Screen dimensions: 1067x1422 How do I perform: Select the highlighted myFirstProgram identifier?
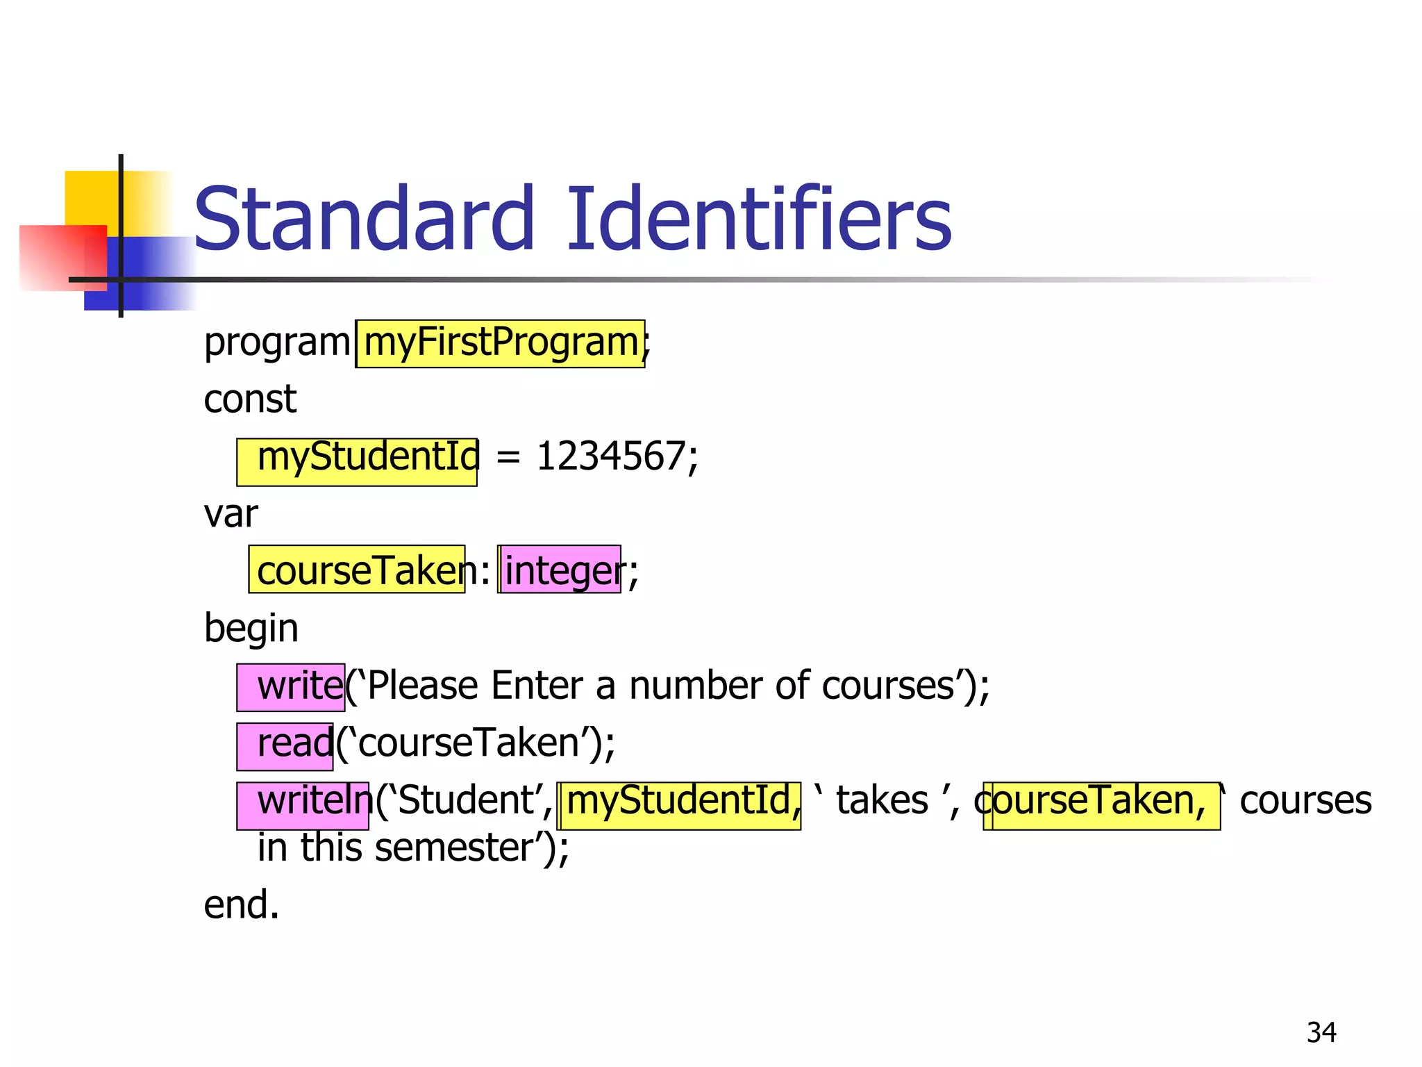[x=500, y=343]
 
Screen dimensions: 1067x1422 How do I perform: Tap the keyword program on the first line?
[x=277, y=343]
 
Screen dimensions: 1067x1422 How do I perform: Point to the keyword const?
[x=250, y=399]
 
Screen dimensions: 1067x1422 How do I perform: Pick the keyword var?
[x=231, y=515]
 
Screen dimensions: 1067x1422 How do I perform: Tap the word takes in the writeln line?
[x=882, y=801]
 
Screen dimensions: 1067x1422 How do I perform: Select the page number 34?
[x=1321, y=1032]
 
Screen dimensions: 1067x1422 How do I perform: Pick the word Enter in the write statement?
[x=537, y=686]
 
